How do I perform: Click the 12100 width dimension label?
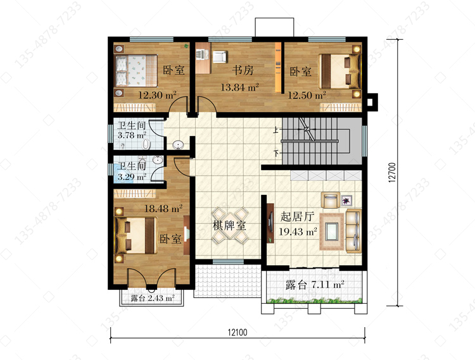(237, 332)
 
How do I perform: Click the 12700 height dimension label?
(391, 173)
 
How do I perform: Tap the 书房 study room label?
(243, 70)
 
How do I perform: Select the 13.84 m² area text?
(239, 87)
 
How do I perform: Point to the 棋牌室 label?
(229, 226)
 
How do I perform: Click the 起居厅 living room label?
(297, 216)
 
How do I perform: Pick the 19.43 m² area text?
(298, 232)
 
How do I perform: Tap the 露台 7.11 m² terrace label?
(315, 285)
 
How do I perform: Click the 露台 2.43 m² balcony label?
(153, 298)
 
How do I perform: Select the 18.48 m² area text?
(163, 208)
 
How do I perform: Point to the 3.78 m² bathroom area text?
(132, 135)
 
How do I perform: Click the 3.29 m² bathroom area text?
(132, 177)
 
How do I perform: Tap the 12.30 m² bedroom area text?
(157, 95)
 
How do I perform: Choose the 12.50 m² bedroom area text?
(307, 95)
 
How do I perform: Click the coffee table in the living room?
(332, 232)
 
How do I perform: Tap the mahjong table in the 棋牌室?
(231, 226)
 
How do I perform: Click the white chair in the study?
(219, 57)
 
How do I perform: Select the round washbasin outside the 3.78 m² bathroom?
(178, 146)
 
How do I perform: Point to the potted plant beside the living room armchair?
(346, 201)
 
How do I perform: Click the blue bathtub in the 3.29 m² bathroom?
(119, 173)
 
